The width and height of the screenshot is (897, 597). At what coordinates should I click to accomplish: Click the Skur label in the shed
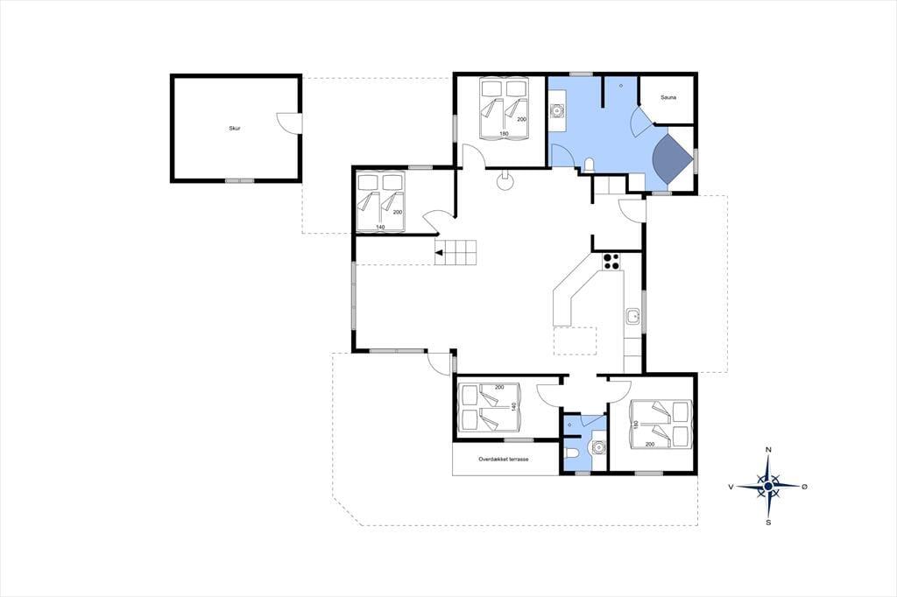[235, 129]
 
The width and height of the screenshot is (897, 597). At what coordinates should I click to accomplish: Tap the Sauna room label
[668, 98]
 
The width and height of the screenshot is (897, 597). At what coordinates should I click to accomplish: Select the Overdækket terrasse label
[504, 460]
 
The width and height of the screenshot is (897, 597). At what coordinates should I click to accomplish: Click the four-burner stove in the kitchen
[611, 262]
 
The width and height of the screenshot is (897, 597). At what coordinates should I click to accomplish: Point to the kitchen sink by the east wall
[632, 316]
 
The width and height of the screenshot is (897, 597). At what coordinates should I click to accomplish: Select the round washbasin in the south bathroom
[597, 446]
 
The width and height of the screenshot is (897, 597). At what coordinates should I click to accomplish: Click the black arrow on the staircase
[440, 253]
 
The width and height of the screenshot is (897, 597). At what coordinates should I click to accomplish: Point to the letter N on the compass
[768, 449]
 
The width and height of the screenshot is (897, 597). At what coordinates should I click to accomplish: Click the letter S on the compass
[768, 522]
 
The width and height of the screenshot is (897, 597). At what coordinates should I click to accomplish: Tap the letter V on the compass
[731, 487]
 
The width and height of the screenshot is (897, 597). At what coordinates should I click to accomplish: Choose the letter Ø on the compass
[804, 487]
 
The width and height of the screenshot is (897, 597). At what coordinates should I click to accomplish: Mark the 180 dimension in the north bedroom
[504, 134]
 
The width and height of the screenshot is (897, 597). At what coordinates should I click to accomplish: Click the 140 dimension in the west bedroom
[380, 227]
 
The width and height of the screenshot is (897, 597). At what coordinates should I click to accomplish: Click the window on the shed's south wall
[239, 180]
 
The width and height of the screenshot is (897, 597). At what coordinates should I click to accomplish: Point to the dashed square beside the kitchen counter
[576, 341]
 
